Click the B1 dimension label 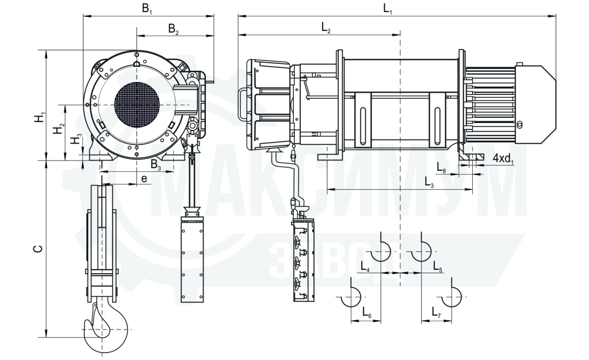[x=147, y=9]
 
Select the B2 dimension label [x=173, y=29]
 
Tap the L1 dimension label [x=388, y=9]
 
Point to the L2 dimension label [x=326, y=28]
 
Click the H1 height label [x=40, y=117]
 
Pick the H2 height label [x=58, y=129]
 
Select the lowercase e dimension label [x=144, y=179]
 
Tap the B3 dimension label [x=156, y=165]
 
